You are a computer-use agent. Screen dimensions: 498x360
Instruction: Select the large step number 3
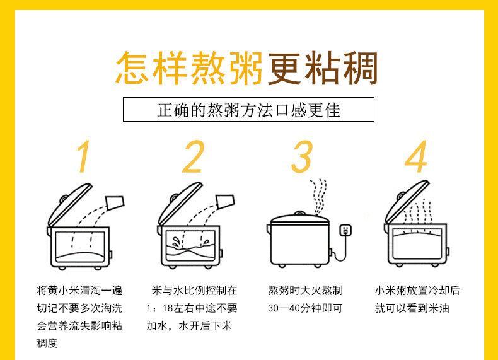click(x=302, y=156)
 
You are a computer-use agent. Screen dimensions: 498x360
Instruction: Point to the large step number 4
click(x=416, y=156)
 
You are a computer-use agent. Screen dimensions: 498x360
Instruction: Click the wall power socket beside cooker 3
click(x=345, y=229)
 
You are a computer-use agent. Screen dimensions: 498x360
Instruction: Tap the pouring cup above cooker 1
click(x=115, y=203)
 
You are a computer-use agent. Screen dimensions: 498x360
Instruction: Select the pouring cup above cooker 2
click(x=225, y=202)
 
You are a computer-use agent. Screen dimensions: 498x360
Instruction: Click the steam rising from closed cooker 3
click(x=319, y=197)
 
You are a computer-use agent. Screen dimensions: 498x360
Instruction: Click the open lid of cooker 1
click(x=69, y=205)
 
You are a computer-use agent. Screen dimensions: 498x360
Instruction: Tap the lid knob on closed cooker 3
click(x=299, y=213)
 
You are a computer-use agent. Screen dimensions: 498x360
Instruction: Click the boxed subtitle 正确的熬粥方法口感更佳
click(x=248, y=110)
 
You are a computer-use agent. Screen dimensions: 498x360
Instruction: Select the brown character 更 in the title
click(x=284, y=68)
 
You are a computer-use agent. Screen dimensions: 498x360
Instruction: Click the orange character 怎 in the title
click(x=133, y=68)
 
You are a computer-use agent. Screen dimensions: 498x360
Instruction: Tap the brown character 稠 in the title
click(x=360, y=68)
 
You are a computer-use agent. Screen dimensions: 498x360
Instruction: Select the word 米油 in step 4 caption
click(x=439, y=308)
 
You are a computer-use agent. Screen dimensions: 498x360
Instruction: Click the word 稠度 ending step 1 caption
click(x=47, y=343)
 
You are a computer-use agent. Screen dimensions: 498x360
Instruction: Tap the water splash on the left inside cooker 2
click(x=176, y=242)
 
